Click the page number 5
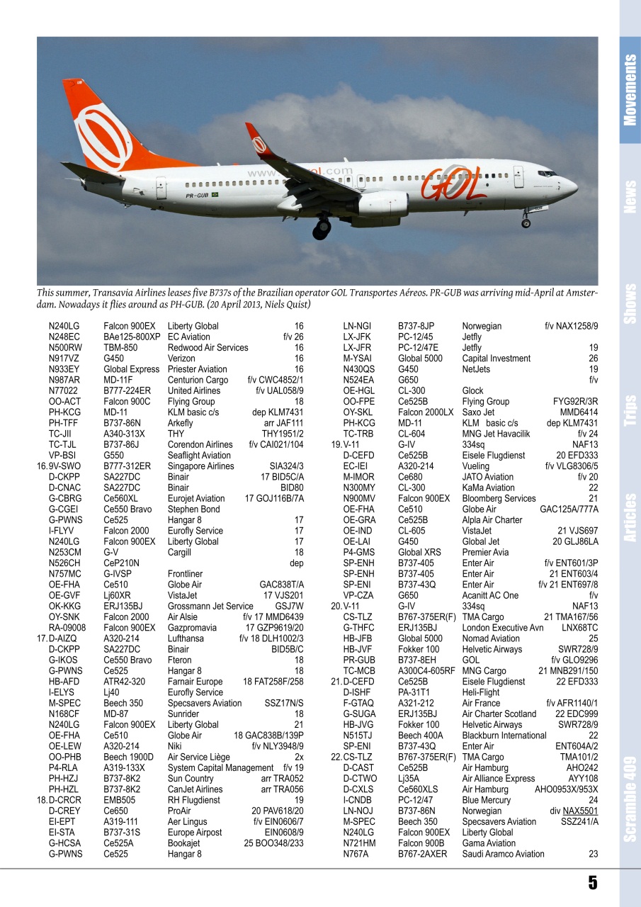[592, 883]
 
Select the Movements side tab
[630, 90]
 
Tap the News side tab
[630, 197]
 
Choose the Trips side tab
[630, 411]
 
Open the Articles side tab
[630, 517]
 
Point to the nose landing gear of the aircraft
[526, 222]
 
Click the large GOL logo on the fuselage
[453, 182]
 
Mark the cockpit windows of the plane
[547, 173]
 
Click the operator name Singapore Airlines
[200, 466]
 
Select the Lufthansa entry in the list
[186, 638]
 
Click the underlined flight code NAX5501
[580, 811]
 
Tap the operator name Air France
[481, 703]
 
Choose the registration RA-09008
[67, 628]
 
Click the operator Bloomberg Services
[499, 499]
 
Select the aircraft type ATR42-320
[125, 682]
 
